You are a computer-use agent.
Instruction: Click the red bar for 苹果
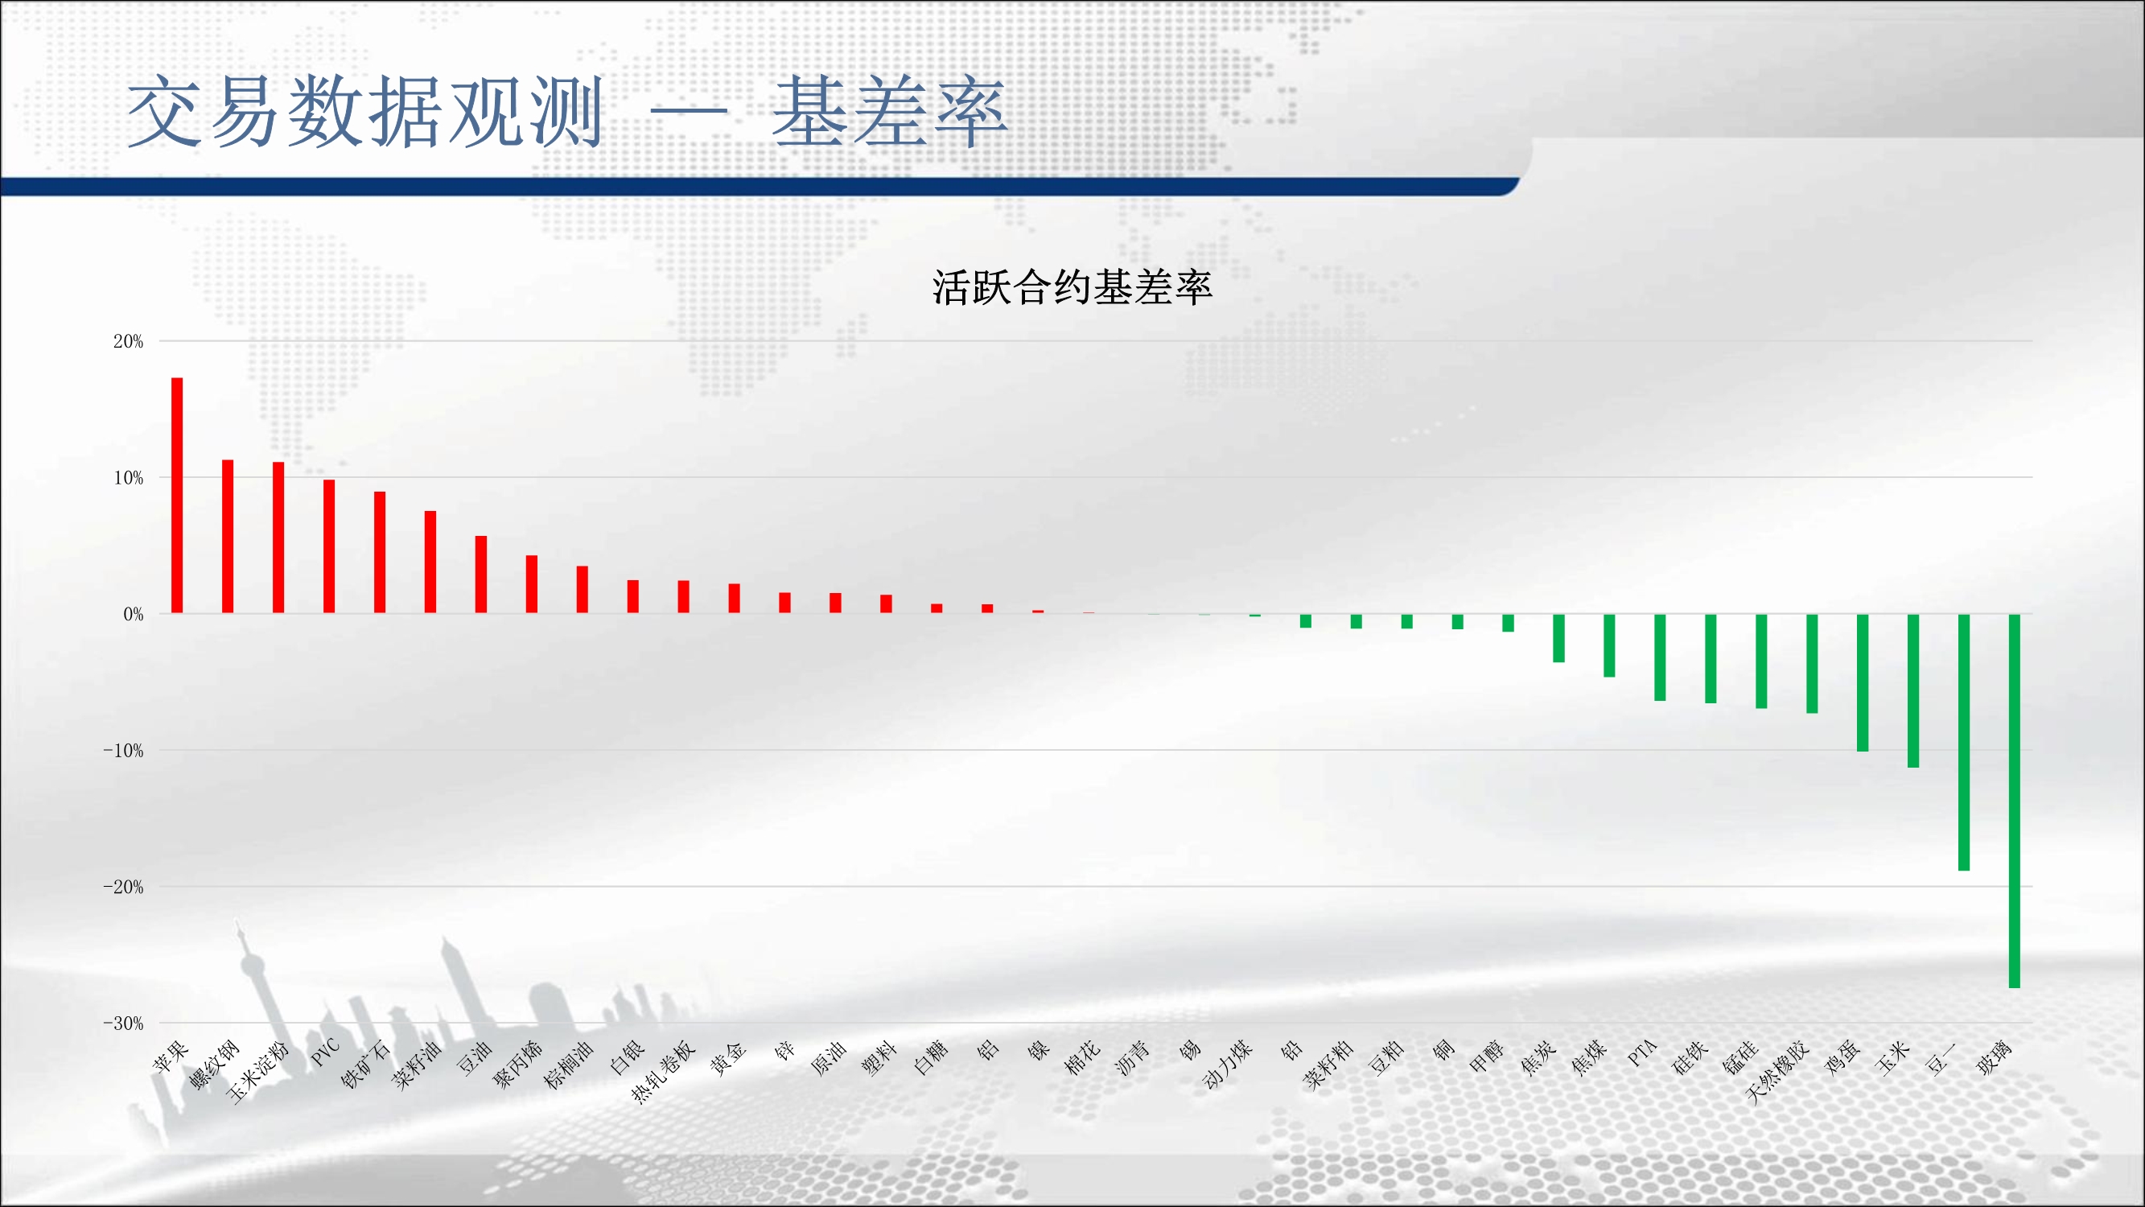click(176, 496)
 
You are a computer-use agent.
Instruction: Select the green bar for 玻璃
click(2015, 801)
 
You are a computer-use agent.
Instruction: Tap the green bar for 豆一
click(1963, 743)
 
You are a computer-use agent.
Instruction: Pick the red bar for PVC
click(329, 546)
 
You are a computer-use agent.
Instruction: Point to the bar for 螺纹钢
click(228, 537)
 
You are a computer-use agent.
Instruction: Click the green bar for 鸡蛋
click(1863, 683)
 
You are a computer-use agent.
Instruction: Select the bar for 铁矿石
click(380, 552)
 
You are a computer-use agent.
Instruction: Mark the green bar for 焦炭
click(1558, 638)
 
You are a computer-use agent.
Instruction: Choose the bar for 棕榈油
click(582, 590)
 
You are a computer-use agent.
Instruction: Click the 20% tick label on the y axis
click(128, 340)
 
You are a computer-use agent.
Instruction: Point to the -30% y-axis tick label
click(122, 1023)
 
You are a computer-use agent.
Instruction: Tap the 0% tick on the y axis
click(134, 614)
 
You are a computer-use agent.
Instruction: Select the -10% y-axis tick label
click(122, 751)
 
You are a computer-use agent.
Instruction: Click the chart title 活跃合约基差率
click(1072, 287)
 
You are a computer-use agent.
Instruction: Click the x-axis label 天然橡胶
click(1777, 1072)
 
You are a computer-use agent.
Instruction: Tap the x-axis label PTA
click(1642, 1053)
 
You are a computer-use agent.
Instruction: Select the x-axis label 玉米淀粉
click(257, 1072)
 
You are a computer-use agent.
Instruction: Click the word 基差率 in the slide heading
click(890, 112)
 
